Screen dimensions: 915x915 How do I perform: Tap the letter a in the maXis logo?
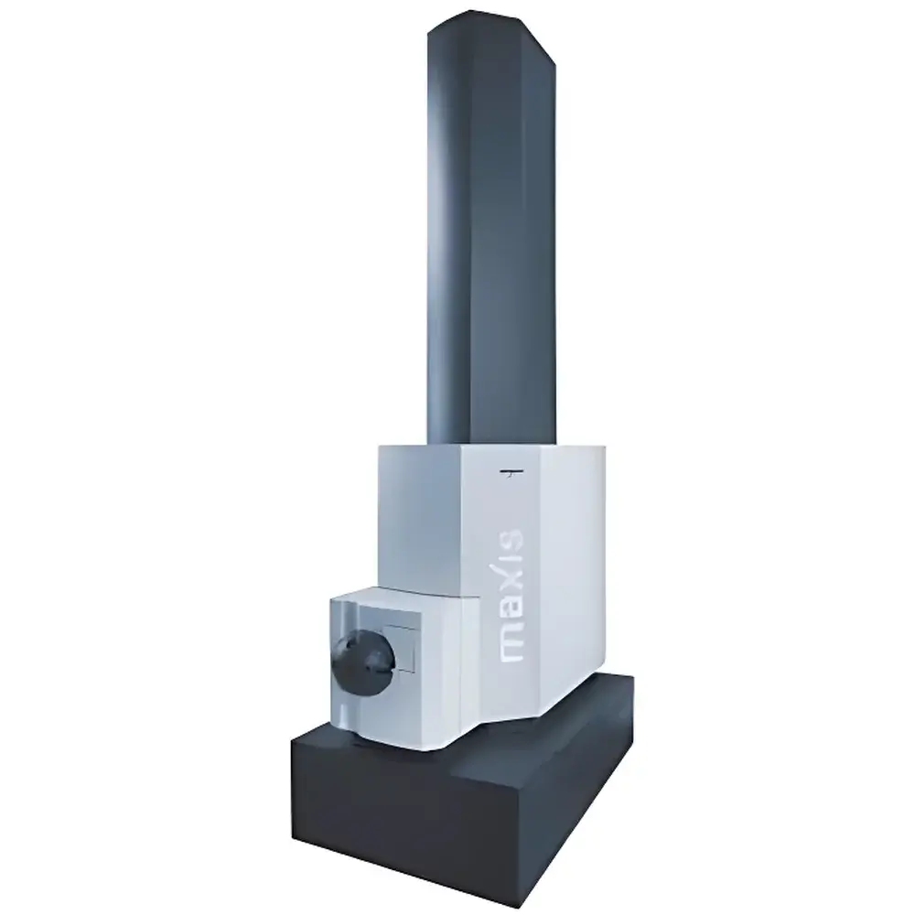(511, 611)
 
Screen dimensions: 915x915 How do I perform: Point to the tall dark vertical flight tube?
(491, 233)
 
